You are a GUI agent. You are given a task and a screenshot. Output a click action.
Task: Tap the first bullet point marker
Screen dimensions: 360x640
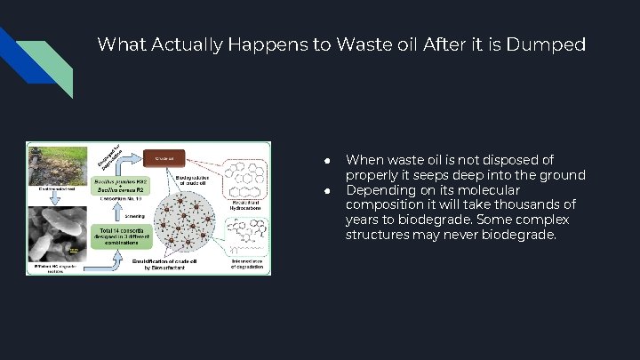click(327, 161)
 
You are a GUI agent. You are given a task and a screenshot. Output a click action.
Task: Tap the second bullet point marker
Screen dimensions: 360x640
click(327, 191)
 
